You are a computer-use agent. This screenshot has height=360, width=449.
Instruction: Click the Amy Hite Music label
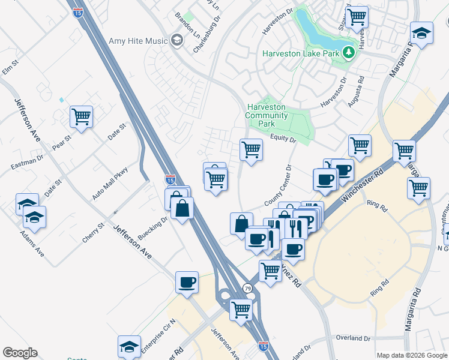coord(136,41)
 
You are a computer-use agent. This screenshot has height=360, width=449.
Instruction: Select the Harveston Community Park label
coord(267,115)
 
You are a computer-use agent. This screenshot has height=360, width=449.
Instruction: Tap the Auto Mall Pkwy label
coord(110,183)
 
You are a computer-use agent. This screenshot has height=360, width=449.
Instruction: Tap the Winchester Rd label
coord(361,186)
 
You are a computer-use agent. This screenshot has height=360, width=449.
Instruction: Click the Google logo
coord(20,353)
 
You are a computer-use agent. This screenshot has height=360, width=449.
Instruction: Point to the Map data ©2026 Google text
coord(411,355)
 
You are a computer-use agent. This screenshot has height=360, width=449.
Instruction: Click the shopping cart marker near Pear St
coord(81,116)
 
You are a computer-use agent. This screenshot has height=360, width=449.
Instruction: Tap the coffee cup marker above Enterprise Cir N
coord(187,281)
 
